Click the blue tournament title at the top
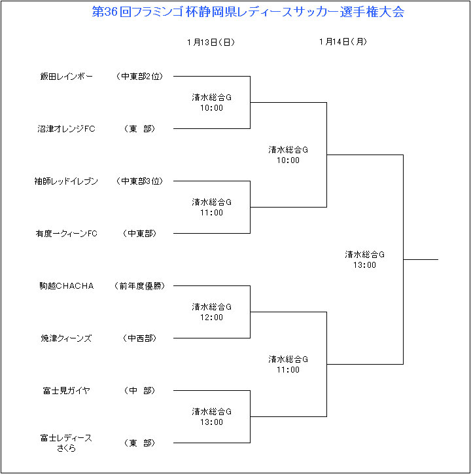click(248, 12)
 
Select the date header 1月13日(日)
click(211, 42)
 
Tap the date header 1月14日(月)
click(343, 41)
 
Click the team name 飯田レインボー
click(67, 76)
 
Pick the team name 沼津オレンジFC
click(67, 129)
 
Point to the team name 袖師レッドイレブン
click(66, 181)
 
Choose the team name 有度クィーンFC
click(67, 233)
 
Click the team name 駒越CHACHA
click(67, 285)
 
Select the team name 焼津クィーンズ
click(67, 338)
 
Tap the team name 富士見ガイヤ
click(67, 391)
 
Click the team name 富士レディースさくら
click(66, 443)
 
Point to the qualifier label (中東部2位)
click(139, 76)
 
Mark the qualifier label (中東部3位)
click(139, 181)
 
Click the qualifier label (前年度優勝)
click(139, 285)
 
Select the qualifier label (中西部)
click(139, 338)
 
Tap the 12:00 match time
click(211, 318)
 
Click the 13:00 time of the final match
click(364, 265)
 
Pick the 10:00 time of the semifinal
click(288, 160)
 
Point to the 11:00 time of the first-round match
click(211, 213)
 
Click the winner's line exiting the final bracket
click(421, 259)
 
